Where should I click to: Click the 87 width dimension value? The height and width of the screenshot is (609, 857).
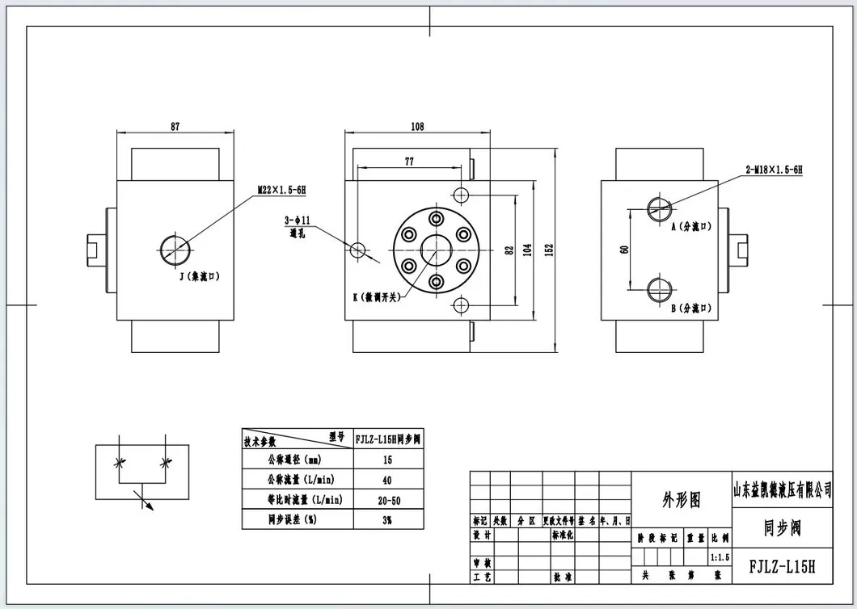[x=175, y=126]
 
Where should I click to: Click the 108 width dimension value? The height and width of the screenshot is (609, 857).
[x=417, y=126]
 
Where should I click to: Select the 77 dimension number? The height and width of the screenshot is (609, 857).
[x=409, y=162]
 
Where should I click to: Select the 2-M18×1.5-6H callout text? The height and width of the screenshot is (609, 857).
[x=774, y=170]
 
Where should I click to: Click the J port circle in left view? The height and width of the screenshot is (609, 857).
[x=174, y=249]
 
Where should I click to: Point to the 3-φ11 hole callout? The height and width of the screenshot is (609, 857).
[x=298, y=220]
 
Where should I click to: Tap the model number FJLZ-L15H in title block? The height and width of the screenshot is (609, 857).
[x=782, y=567]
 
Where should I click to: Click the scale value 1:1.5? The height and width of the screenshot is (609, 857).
[x=719, y=557]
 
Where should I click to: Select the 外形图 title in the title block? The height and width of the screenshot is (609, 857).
[x=682, y=501]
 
